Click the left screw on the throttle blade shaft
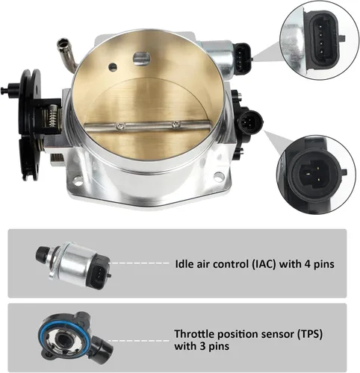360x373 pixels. click(x=121, y=126)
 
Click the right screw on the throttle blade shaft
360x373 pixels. click(x=176, y=124)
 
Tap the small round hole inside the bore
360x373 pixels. click(x=113, y=66)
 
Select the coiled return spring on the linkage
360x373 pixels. click(x=54, y=116)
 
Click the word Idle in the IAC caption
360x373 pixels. click(x=184, y=264)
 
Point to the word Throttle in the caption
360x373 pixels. click(x=193, y=334)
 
